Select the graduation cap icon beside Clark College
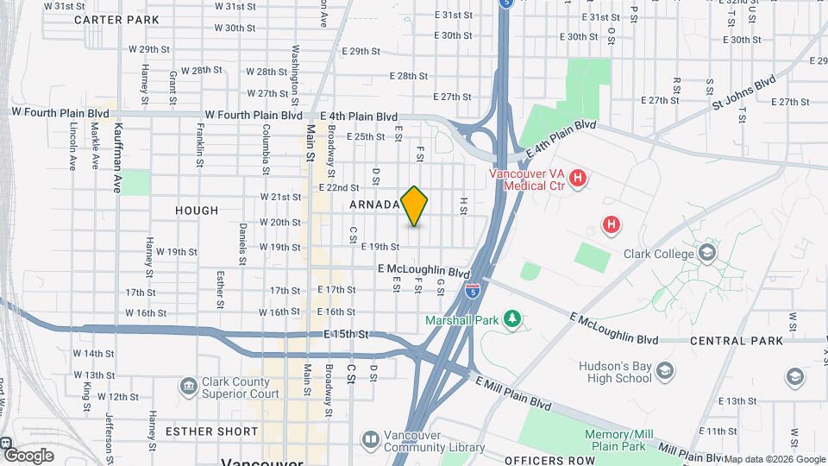point(707,252)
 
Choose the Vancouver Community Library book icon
point(370,440)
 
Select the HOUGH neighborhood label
point(197,211)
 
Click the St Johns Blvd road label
point(743,96)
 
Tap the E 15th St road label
point(346,334)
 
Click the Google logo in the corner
point(28,455)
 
